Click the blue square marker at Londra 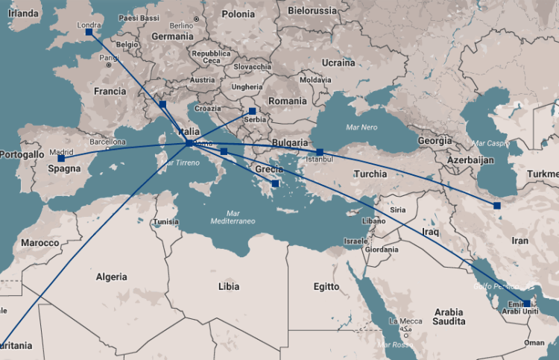tap(89, 32)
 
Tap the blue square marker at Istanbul tap(320, 152)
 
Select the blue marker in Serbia tap(252, 111)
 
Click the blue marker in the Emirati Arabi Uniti tap(527, 303)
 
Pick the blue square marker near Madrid tap(61, 158)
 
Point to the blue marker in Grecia tap(276, 183)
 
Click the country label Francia tap(110, 91)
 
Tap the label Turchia tap(370, 174)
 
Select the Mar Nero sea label tap(361, 127)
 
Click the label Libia tap(229, 286)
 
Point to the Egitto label tap(326, 286)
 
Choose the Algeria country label tap(112, 277)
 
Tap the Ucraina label tap(339, 63)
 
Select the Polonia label tap(238, 14)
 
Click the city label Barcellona tap(108, 141)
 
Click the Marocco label tap(40, 243)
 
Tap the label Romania tap(288, 101)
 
